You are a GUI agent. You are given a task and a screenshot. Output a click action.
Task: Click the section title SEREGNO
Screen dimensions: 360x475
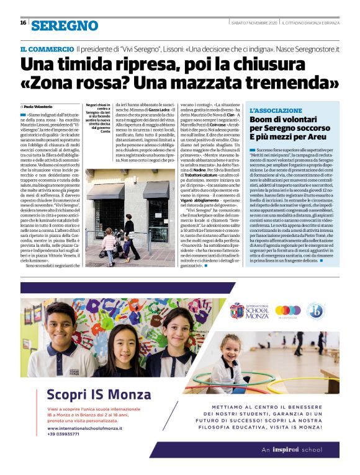(x=65, y=25)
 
